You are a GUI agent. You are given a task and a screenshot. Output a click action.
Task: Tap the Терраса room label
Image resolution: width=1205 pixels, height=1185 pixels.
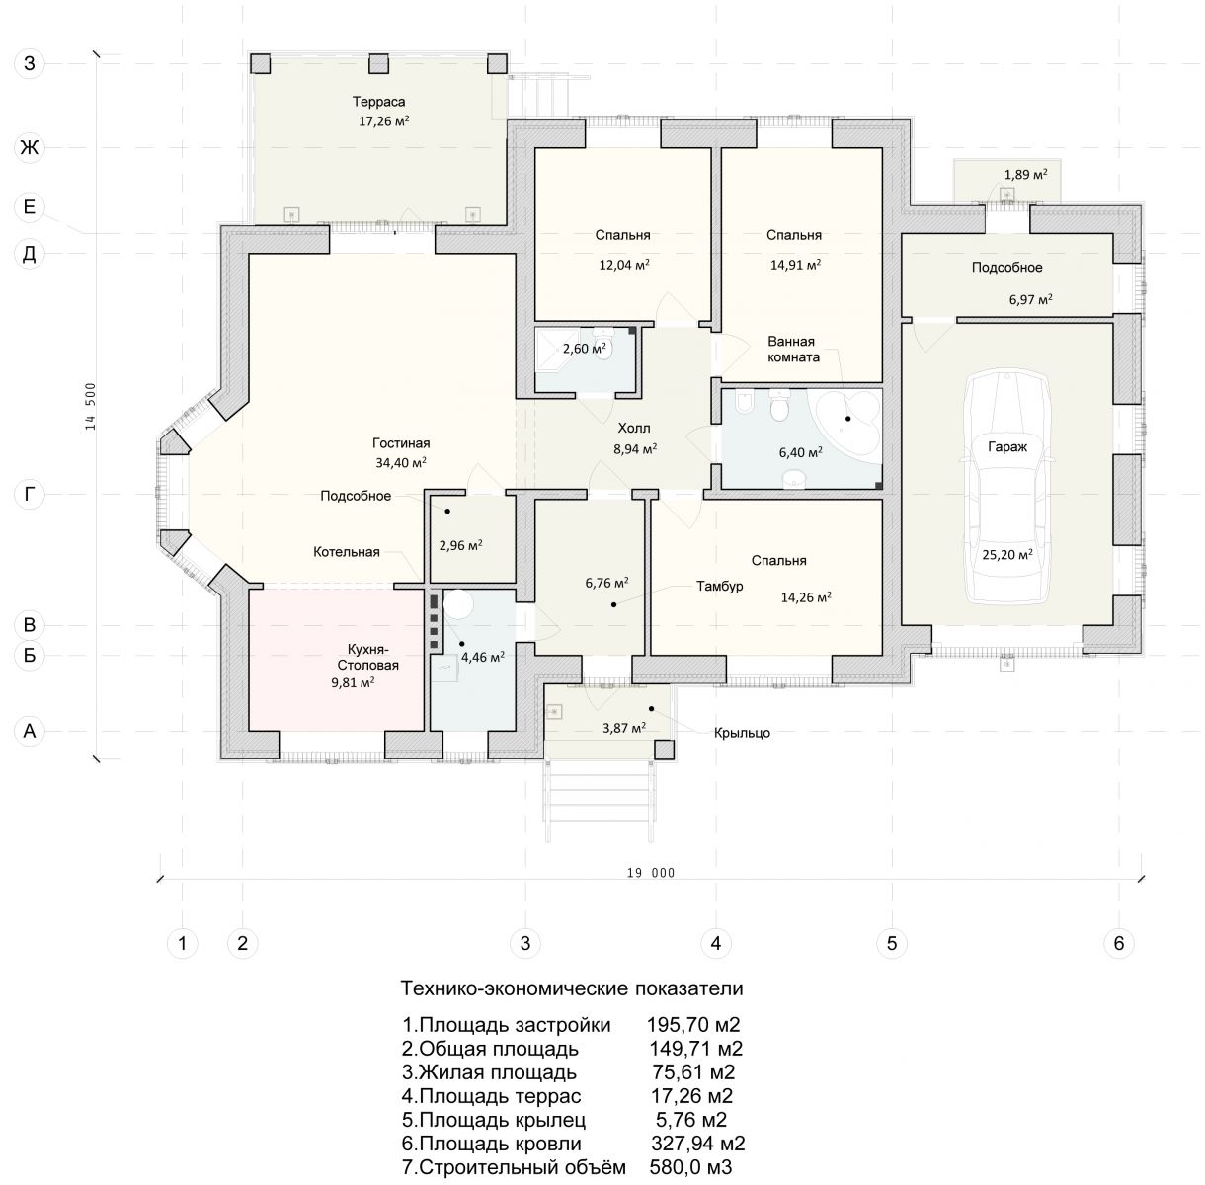pyautogui.click(x=380, y=102)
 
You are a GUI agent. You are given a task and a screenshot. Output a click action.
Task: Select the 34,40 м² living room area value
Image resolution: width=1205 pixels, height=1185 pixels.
pyautogui.click(x=400, y=461)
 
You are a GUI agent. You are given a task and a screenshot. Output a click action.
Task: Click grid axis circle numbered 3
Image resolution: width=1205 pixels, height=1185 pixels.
pyautogui.click(x=525, y=943)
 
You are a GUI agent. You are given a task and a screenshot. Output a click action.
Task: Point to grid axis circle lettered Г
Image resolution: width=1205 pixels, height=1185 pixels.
pyautogui.click(x=30, y=495)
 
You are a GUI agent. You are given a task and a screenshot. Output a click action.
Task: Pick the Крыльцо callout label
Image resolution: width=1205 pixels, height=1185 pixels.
pyautogui.click(x=743, y=733)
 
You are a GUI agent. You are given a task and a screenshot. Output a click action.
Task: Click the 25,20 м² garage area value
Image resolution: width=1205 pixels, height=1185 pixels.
pyautogui.click(x=1007, y=555)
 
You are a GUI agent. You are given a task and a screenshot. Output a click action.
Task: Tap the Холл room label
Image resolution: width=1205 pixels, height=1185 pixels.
pyautogui.click(x=635, y=430)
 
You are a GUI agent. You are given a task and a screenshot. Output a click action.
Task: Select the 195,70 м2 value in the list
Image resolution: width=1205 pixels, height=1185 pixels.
pyautogui.click(x=693, y=1024)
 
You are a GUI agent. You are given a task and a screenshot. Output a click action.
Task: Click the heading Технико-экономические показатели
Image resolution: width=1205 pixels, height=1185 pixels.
pyautogui.click(x=571, y=988)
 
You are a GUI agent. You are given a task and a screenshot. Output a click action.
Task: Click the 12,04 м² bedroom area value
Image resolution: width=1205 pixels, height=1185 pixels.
pyautogui.click(x=624, y=265)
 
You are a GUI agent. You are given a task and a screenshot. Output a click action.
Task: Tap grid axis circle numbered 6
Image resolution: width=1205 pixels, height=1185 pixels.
pyautogui.click(x=1119, y=943)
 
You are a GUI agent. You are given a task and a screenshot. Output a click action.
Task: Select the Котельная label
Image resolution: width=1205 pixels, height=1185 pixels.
pyautogui.click(x=347, y=552)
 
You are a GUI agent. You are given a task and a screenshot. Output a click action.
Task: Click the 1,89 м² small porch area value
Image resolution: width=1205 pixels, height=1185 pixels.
pyautogui.click(x=1025, y=175)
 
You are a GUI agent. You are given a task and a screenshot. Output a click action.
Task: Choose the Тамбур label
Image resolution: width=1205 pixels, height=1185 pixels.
pyautogui.click(x=719, y=586)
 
